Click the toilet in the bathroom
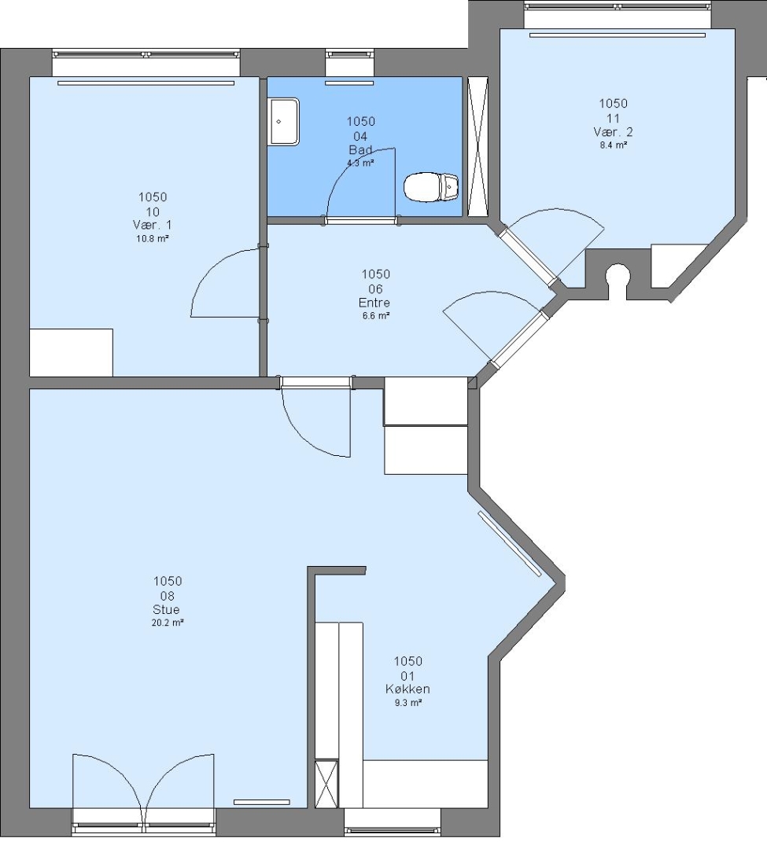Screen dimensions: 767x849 [x=431, y=187]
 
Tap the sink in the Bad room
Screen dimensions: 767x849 [x=284, y=121]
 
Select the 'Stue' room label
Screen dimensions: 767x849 [x=166, y=610]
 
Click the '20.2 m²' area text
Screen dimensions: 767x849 [x=168, y=623]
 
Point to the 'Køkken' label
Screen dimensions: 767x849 [x=407, y=689]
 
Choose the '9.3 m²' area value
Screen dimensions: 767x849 [x=407, y=703]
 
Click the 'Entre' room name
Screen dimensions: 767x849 [x=374, y=303]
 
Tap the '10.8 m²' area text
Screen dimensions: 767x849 [x=152, y=238]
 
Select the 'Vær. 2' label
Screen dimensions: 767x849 [x=613, y=132]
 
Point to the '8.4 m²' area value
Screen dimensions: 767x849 [x=613, y=145]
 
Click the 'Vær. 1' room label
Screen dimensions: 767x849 [x=152, y=225]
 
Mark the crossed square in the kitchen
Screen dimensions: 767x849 [x=326, y=784]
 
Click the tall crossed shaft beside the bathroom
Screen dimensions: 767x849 [x=478, y=147]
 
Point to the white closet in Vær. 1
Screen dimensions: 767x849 [x=71, y=352]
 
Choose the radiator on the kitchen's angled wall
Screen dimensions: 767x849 [x=509, y=542]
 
